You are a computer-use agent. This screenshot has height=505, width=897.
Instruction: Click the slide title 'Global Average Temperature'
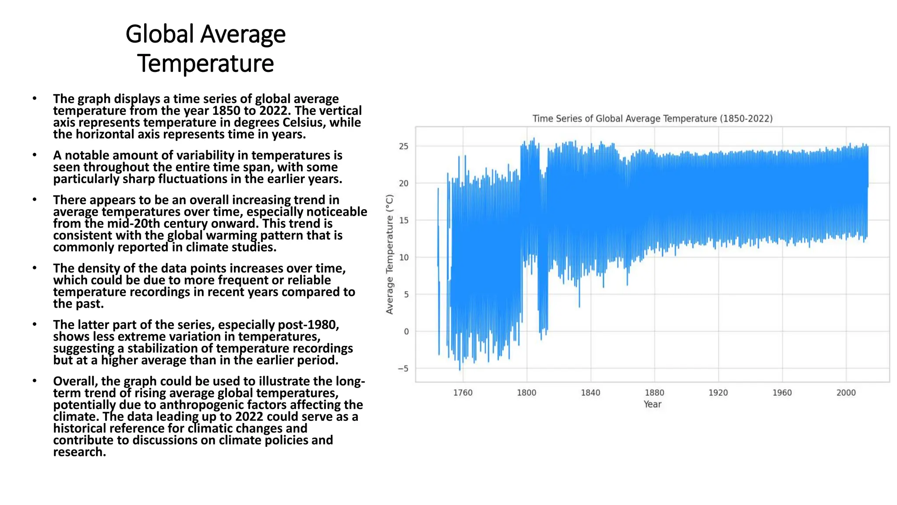point(205,49)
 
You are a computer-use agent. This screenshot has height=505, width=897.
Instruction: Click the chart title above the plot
point(652,118)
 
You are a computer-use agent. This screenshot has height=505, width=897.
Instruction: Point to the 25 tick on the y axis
point(403,146)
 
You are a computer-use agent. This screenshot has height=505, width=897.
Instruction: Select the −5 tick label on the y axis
point(403,369)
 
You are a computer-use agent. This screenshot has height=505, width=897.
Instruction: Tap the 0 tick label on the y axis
point(406,332)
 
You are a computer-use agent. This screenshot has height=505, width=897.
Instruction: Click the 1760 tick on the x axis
point(463,393)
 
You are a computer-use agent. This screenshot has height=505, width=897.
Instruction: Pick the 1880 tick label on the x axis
point(654,393)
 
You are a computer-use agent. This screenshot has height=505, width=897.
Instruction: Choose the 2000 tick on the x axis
point(846,393)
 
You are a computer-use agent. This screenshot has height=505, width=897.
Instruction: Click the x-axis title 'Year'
point(652,404)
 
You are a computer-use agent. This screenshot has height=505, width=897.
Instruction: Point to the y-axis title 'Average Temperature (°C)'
point(389,254)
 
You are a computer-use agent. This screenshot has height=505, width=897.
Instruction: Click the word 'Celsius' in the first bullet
point(304,122)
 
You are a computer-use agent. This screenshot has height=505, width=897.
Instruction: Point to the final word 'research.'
point(79,452)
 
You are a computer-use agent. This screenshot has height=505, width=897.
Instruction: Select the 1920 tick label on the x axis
point(718,393)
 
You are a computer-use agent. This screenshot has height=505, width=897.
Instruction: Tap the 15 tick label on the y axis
point(403,220)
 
